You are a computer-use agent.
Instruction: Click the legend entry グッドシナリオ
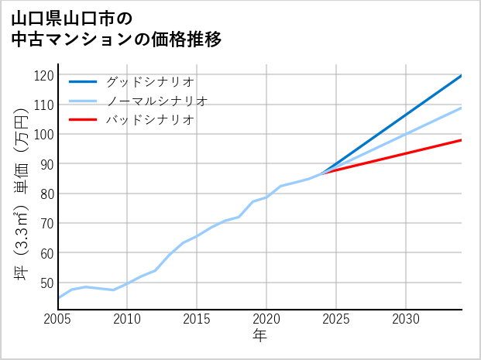coord(149,81)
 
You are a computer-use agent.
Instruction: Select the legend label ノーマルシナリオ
coord(156,101)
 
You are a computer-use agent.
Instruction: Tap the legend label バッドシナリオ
coord(149,120)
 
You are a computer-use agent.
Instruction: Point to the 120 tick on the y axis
coord(45,75)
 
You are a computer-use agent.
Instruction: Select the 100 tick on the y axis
coord(45,135)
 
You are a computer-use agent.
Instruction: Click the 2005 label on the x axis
coord(57,319)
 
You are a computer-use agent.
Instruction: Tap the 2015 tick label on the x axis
coord(197,319)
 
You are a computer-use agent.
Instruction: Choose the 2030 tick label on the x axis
coord(406,319)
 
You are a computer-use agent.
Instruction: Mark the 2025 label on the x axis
coord(336,319)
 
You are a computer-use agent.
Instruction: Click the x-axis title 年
coord(260,336)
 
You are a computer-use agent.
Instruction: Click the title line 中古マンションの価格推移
coord(116,39)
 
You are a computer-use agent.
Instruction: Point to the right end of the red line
coord(462,140)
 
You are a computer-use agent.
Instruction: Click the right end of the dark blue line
coord(462,75)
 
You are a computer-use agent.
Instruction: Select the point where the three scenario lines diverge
coord(322,173)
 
